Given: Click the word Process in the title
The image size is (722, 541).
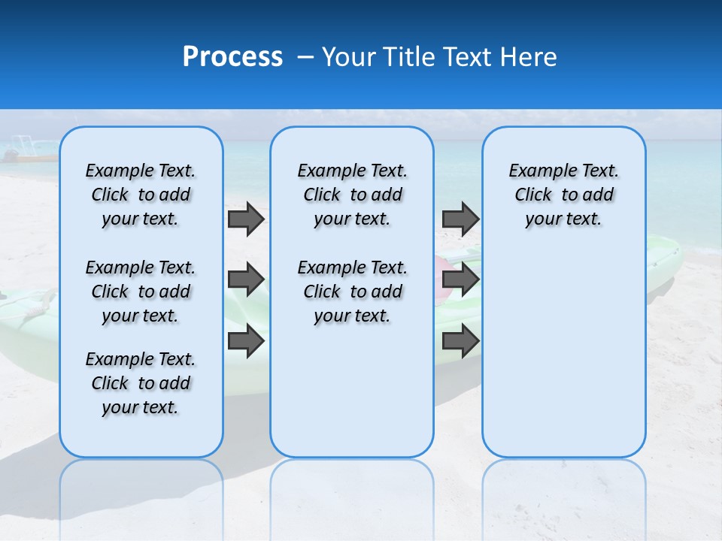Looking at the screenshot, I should (x=232, y=56).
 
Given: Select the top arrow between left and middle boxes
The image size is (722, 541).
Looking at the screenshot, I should (x=246, y=219).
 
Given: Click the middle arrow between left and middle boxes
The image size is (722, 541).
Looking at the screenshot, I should (x=246, y=280).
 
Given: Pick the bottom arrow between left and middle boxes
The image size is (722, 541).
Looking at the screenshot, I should (x=246, y=340).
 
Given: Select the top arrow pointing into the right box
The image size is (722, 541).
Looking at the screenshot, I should (x=460, y=219).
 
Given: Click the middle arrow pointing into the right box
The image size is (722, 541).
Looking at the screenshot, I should (x=460, y=280).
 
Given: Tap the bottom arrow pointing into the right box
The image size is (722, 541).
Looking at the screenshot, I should (x=460, y=340).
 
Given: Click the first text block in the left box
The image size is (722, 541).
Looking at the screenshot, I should (x=141, y=195).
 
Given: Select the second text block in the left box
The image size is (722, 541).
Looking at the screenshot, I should (x=141, y=292).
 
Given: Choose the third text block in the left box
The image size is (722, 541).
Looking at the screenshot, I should (x=141, y=383).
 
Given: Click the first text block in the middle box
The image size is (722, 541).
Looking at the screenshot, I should (x=352, y=195).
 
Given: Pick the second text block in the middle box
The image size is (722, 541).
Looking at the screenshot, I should (x=352, y=292).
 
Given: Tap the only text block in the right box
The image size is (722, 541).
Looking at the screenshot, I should (x=564, y=195).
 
